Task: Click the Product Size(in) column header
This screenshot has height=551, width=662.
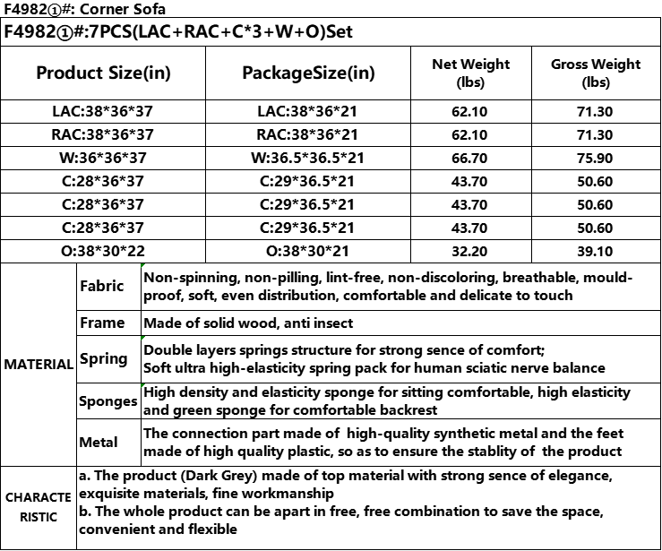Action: point(103,73)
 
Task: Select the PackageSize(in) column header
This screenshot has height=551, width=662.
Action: point(308,73)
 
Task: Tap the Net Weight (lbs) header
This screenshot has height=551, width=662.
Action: point(470,73)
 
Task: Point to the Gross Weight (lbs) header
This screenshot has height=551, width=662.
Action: point(596,73)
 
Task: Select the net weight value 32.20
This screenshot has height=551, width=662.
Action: point(470,252)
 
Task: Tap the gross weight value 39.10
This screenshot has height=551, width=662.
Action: point(596,252)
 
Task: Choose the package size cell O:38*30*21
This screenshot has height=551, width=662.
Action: point(308,252)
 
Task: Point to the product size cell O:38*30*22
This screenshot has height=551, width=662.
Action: point(103,252)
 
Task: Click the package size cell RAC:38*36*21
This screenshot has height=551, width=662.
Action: point(308,135)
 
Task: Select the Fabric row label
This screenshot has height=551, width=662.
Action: point(102,287)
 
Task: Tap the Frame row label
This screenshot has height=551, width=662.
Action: point(102,323)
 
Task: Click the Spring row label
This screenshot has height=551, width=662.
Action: point(104,359)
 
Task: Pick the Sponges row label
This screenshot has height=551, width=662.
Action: point(107,401)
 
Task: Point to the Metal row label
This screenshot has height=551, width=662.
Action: point(99,443)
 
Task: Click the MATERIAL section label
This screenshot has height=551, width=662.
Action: point(39,365)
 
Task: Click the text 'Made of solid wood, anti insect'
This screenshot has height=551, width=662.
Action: point(248,323)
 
